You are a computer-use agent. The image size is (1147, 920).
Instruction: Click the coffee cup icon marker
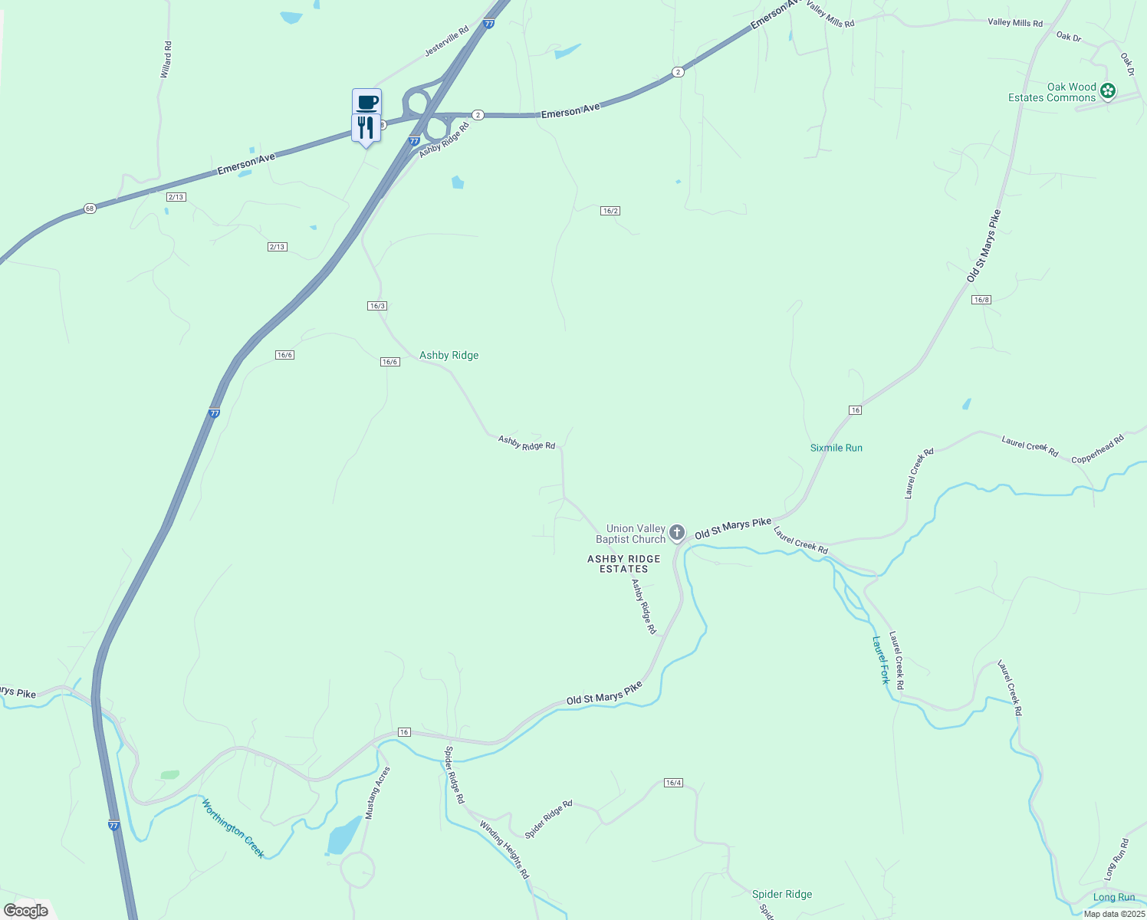366,102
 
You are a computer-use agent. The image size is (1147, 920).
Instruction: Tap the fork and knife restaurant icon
366,127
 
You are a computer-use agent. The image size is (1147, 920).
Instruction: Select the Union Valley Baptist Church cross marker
676,532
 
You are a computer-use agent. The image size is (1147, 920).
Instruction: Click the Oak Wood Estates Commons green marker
1107,91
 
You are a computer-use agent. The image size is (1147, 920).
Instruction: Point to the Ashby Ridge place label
449,355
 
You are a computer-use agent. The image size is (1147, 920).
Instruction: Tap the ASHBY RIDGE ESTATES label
623,563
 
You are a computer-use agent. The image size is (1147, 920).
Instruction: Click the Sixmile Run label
836,448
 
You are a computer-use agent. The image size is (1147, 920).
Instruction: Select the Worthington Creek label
233,828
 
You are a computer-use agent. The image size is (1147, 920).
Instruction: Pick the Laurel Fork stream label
881,659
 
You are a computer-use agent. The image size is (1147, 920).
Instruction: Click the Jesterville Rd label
446,41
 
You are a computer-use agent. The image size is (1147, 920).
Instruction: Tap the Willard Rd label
166,59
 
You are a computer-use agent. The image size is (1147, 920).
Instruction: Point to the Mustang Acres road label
377,793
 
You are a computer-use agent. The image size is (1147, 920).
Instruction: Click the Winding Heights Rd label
504,849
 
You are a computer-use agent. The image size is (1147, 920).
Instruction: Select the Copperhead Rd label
1097,449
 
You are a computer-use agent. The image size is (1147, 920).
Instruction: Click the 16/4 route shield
672,783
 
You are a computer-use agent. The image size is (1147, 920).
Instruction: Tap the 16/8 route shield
981,300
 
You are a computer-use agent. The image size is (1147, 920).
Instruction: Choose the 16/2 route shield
610,211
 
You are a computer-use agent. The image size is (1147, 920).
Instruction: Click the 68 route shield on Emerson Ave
90,209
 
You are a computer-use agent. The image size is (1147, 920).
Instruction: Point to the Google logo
26,911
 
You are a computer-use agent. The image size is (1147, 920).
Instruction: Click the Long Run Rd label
1116,859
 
